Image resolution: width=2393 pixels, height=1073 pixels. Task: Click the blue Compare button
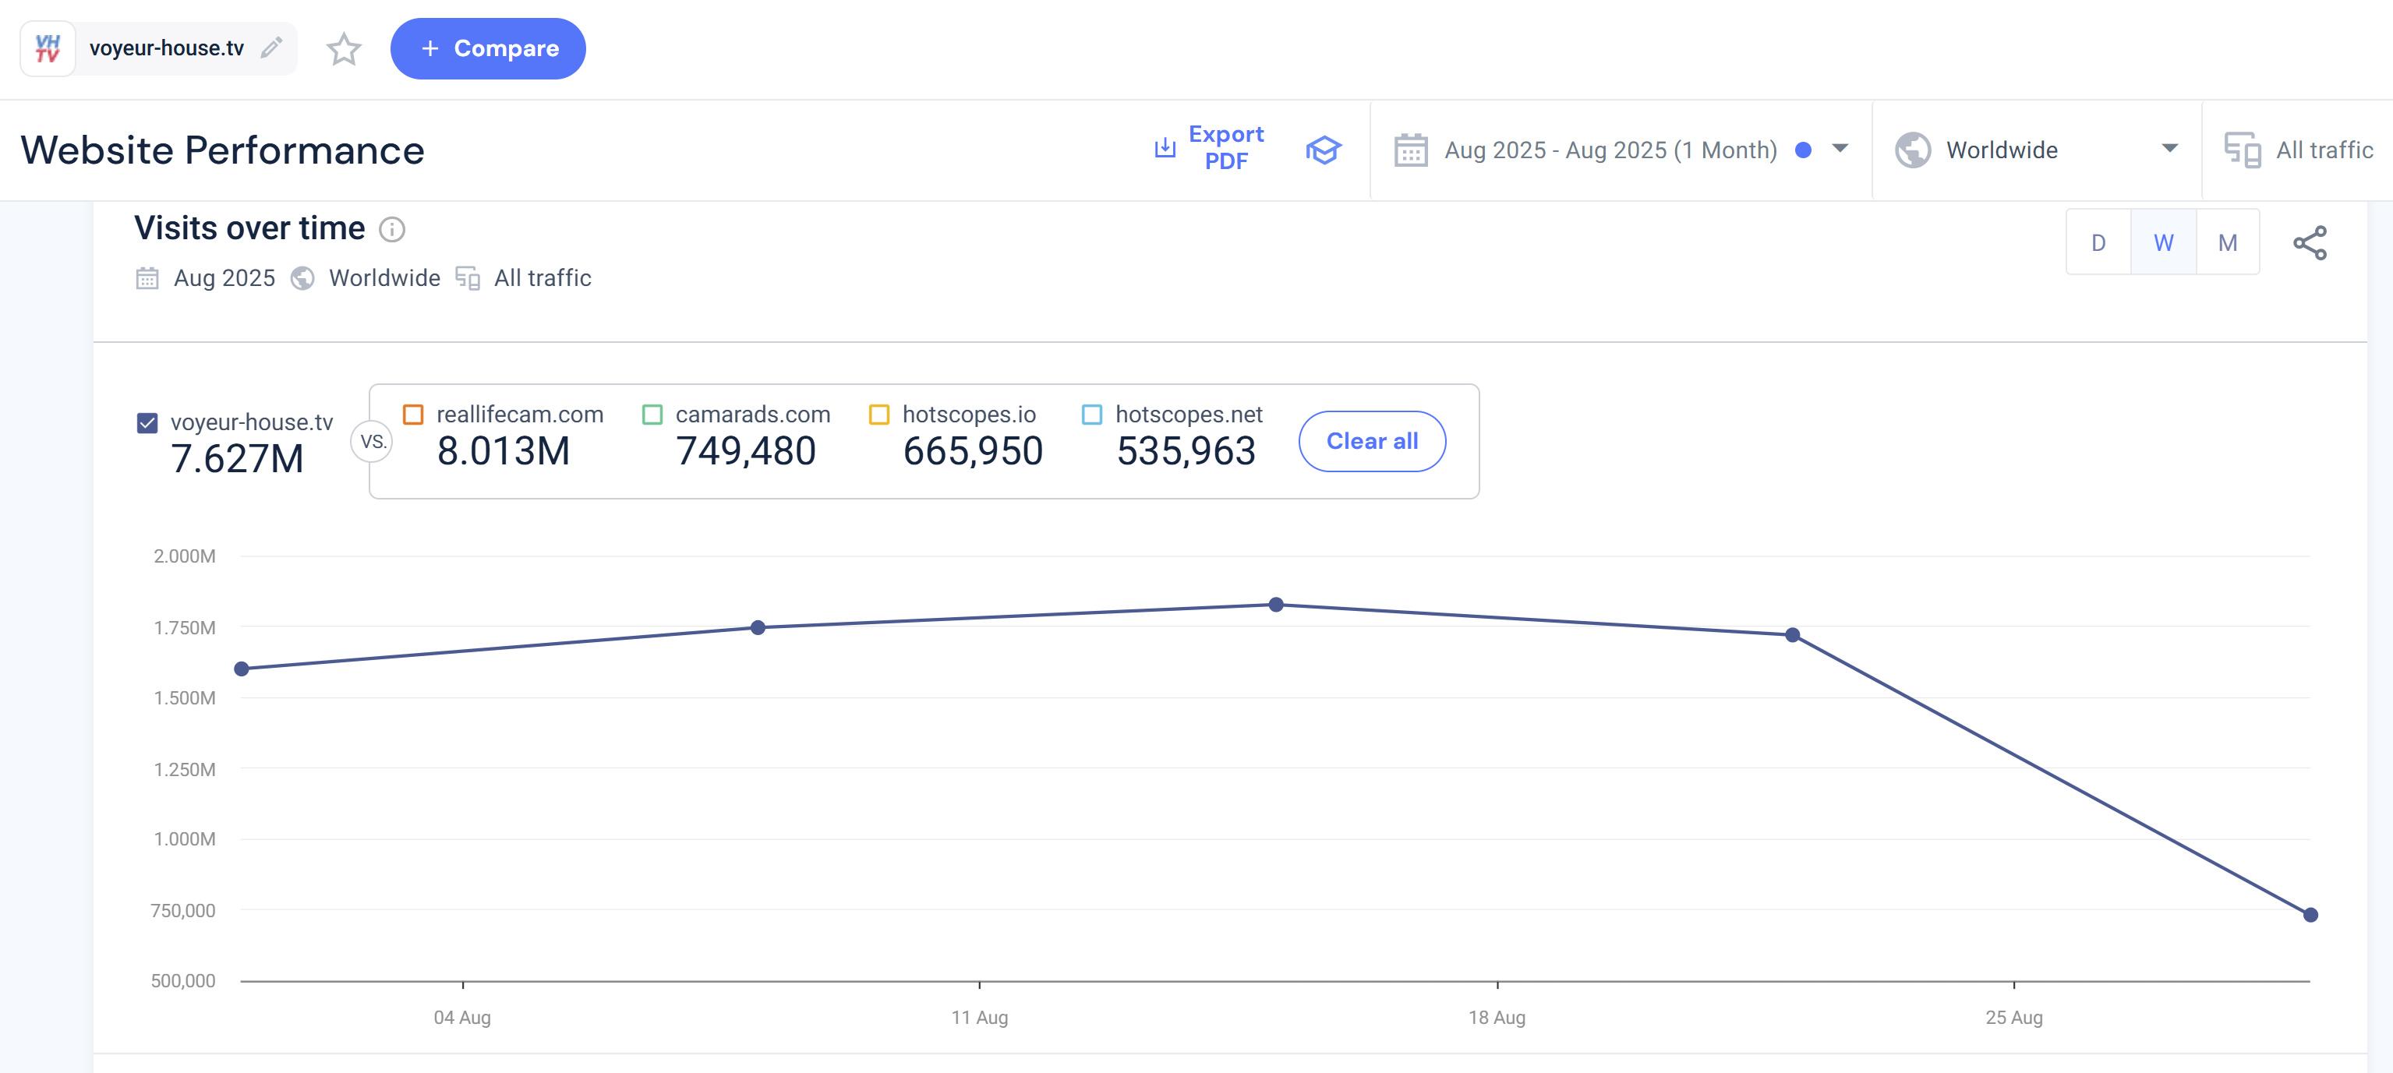(x=488, y=48)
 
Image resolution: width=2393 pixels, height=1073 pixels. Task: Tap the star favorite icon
(x=344, y=49)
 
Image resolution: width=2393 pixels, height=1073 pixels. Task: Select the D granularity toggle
(x=2098, y=242)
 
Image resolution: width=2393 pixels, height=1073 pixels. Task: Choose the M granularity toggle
(x=2227, y=242)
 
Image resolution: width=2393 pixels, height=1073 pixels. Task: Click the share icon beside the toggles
(x=2310, y=243)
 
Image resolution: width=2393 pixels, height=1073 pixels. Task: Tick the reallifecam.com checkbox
(x=413, y=415)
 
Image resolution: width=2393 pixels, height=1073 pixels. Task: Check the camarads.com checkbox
(x=652, y=415)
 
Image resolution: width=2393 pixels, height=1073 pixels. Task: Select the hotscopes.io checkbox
(x=878, y=415)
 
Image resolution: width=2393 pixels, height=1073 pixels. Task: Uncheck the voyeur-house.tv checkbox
(x=147, y=422)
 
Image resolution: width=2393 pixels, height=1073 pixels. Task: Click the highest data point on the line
(x=1276, y=605)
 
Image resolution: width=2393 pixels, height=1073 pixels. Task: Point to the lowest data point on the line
(x=2310, y=915)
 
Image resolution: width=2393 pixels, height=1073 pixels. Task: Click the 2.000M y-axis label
(x=185, y=556)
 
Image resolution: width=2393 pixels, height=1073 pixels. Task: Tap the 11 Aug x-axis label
(x=979, y=1017)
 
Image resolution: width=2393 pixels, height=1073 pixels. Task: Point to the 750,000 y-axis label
(x=183, y=910)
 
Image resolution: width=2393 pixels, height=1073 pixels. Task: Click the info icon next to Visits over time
(x=392, y=229)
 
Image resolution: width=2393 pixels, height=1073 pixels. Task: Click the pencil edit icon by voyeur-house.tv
(x=271, y=48)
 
